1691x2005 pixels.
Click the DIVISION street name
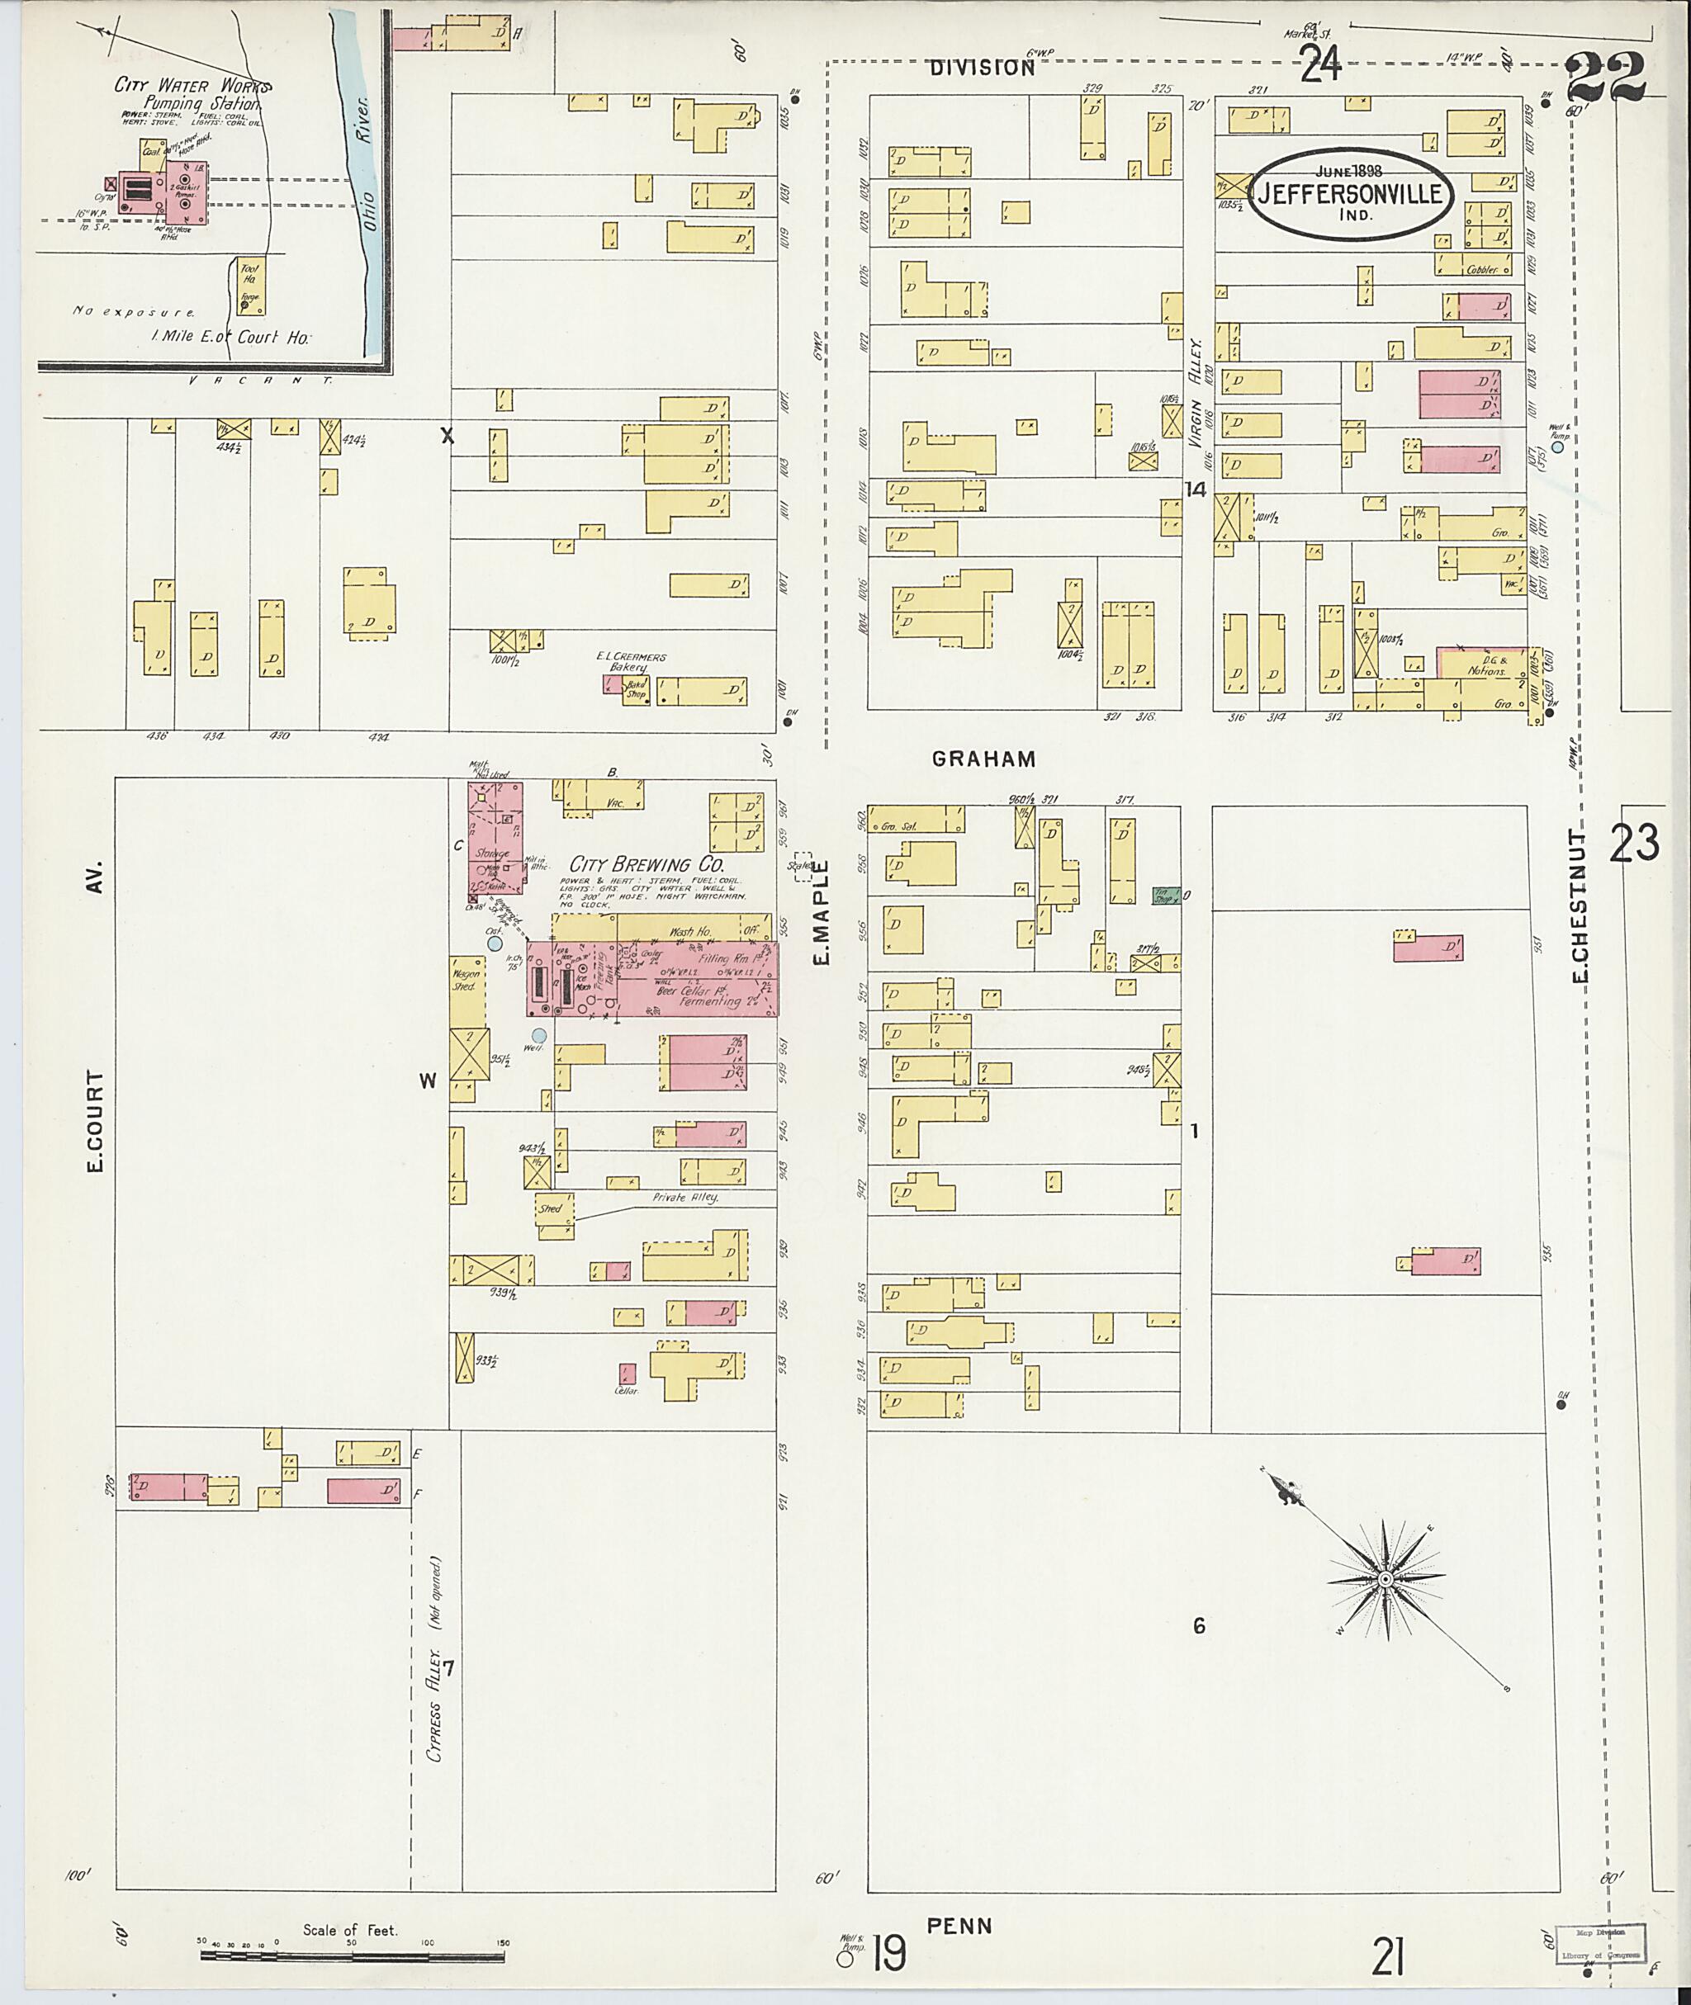point(983,68)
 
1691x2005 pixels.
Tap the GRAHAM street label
point(983,759)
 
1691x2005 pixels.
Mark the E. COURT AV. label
point(95,1016)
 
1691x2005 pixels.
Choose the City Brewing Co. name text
point(647,864)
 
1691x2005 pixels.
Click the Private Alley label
point(684,1198)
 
